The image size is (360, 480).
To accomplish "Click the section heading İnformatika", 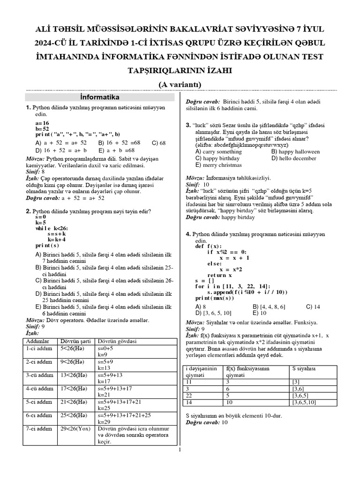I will [x=100, y=97].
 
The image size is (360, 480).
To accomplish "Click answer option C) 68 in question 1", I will [x=159, y=142].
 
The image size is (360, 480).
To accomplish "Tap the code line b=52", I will [x=42, y=128].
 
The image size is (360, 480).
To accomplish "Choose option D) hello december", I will [x=293, y=158].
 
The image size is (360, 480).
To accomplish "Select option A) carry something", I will [x=218, y=152].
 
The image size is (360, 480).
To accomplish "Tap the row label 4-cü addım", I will [x=40, y=389].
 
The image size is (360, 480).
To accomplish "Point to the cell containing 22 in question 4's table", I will [x=189, y=396].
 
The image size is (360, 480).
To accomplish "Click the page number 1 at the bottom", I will [x=180, y=450].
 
